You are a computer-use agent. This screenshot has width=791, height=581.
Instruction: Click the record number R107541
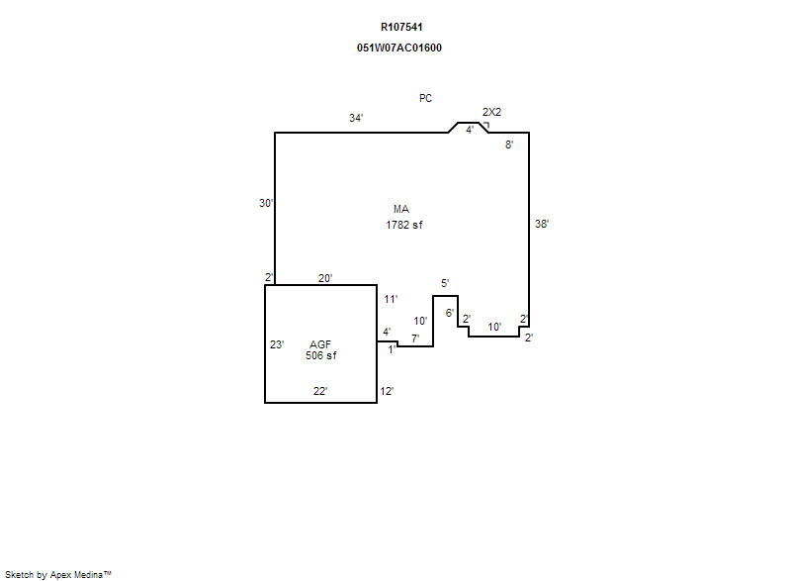pos(401,28)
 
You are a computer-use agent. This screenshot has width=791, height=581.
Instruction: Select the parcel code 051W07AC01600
pos(399,48)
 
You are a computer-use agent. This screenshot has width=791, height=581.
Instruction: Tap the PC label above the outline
pos(425,98)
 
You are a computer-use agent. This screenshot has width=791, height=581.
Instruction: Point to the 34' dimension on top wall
pos(356,118)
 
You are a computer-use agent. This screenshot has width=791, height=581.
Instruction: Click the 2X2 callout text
pos(491,112)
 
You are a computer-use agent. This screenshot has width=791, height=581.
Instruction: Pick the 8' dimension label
pos(509,145)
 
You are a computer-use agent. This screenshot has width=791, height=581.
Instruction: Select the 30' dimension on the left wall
pos(266,203)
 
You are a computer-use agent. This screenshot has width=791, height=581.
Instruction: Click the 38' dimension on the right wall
pos(542,224)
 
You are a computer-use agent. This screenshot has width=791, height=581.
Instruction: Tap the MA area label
pos(401,209)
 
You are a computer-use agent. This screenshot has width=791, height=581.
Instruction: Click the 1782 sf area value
pos(404,225)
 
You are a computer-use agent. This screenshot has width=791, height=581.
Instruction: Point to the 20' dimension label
pos(325,278)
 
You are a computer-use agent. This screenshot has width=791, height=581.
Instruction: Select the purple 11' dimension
pos(391,299)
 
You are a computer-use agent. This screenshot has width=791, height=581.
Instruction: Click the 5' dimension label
pos(445,283)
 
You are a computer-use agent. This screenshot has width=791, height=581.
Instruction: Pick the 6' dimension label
pos(450,313)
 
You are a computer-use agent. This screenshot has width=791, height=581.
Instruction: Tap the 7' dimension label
pos(415,339)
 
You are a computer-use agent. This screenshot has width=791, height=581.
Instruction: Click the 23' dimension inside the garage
pos(277,344)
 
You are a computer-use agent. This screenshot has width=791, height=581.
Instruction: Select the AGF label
pos(320,344)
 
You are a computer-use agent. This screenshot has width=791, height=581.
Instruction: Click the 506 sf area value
pos(320,355)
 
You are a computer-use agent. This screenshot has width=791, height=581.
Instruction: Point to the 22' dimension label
pos(320,391)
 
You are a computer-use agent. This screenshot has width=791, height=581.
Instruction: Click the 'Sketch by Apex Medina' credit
pos(58,574)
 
